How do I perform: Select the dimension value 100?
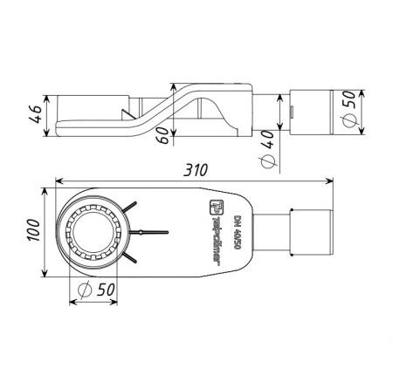(31, 229)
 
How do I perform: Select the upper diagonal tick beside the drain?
(129, 206)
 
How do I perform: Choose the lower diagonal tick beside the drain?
(129, 258)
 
